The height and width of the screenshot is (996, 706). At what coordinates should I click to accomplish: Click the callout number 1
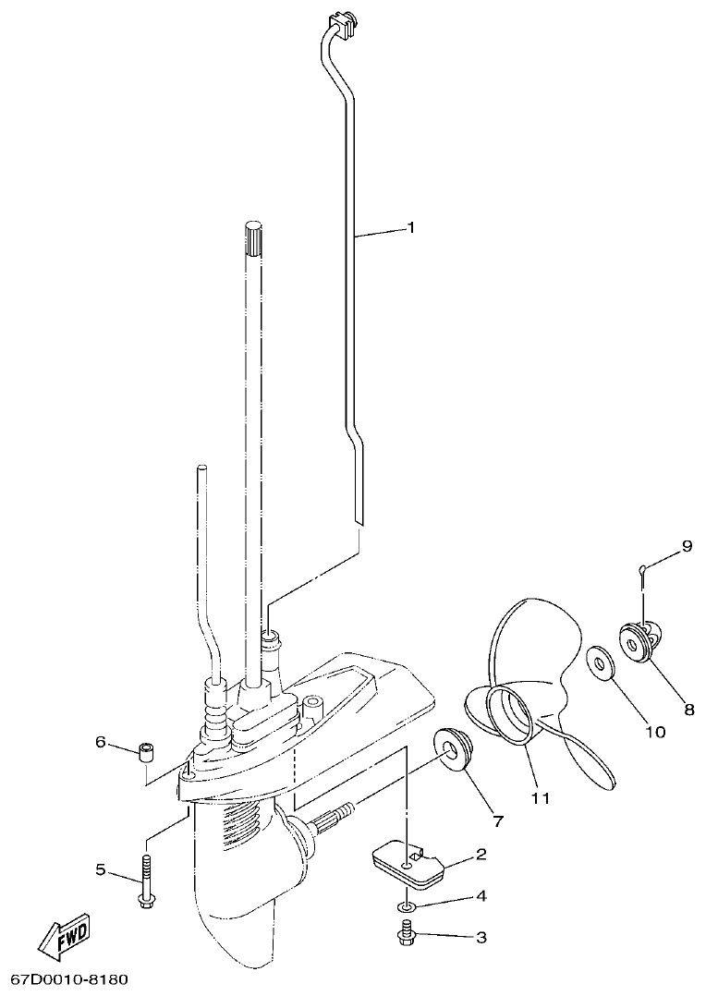click(x=410, y=227)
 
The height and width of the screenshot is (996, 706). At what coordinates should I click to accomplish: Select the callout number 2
click(x=481, y=856)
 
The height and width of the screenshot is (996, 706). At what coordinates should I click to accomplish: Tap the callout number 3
click(x=481, y=939)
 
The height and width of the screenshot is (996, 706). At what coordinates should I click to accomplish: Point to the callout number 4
click(x=481, y=896)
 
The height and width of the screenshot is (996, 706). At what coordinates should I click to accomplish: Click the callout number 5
click(x=101, y=868)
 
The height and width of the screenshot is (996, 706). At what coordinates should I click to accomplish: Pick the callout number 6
click(x=101, y=742)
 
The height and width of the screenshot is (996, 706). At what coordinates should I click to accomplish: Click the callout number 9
click(x=686, y=547)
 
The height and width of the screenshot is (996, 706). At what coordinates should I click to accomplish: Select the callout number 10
click(x=654, y=732)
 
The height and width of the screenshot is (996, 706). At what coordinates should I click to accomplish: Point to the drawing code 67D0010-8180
click(x=69, y=978)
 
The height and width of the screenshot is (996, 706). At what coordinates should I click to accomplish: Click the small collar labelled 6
click(x=144, y=750)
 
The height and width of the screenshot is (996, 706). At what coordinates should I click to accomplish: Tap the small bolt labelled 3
click(x=406, y=935)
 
